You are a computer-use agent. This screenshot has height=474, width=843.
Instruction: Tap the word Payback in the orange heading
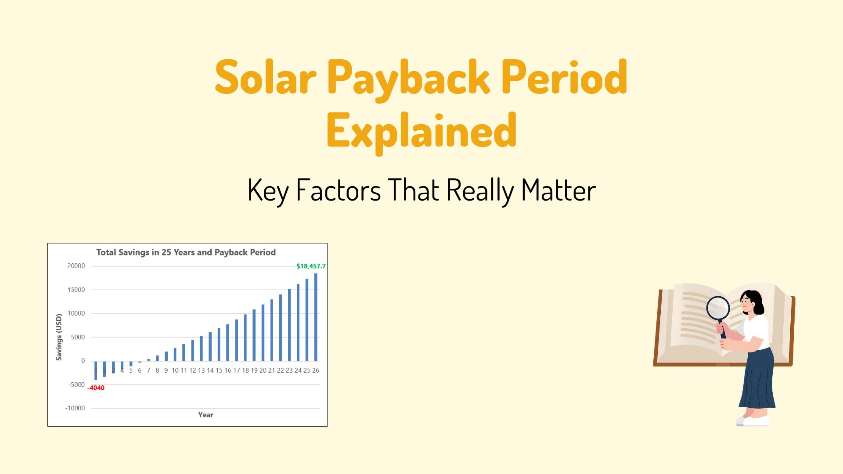407,79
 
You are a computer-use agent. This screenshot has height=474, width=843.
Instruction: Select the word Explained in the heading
421,131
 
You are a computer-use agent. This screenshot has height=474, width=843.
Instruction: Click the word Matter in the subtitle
558,190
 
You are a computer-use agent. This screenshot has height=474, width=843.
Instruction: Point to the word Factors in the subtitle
338,190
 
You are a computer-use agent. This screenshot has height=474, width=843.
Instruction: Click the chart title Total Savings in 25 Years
186,252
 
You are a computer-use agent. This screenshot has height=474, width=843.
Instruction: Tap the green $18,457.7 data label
311,266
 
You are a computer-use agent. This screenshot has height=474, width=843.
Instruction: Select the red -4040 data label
96,388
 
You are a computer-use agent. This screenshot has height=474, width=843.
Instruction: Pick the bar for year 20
263,332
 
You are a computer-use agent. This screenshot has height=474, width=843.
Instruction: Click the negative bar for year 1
96,370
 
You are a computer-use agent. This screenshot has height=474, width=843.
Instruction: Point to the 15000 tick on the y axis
76,290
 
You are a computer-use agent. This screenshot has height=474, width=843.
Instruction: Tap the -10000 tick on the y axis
75,408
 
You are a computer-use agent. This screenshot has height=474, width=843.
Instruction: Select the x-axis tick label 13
201,370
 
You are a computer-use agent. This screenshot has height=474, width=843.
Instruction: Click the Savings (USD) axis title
59,337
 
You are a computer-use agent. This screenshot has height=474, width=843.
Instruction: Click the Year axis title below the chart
205,415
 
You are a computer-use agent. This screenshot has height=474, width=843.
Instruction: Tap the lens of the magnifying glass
718,308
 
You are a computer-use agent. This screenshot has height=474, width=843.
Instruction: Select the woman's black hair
757,301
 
